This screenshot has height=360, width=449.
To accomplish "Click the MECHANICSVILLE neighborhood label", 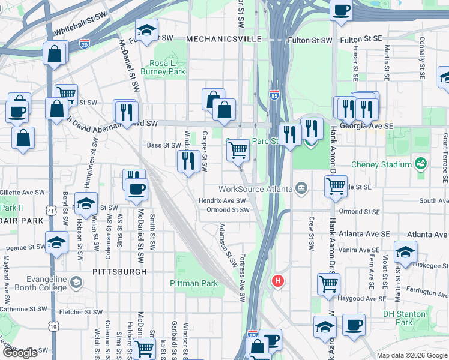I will click(x=224, y=38).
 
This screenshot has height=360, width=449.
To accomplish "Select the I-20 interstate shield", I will click(x=84, y=44).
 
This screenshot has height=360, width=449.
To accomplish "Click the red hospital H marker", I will click(x=277, y=280).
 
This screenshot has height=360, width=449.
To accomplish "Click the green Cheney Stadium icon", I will click(x=421, y=164).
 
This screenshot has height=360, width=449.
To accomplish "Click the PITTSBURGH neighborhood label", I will click(x=120, y=272).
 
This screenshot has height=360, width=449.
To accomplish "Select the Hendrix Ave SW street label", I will click(x=223, y=200).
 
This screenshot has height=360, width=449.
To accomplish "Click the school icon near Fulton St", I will click(x=146, y=30).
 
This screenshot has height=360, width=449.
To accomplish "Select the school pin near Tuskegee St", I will click(x=405, y=251).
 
